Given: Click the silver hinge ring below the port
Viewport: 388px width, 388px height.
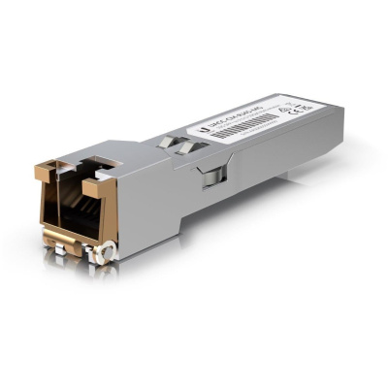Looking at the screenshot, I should click(x=100, y=253).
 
